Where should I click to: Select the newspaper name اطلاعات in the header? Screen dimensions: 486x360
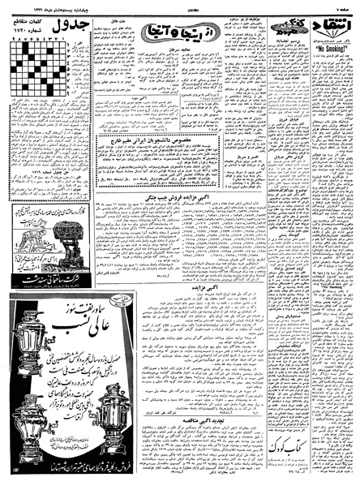click(x=180, y=6)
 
